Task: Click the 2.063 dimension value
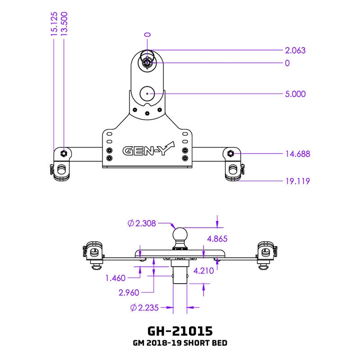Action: [295, 50]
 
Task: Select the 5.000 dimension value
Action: [295, 94]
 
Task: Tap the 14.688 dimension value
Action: [297, 154]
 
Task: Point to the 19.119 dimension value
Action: [297, 181]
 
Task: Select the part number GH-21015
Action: [180, 331]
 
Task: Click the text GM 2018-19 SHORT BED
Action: [180, 343]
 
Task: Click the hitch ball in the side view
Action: [180, 235]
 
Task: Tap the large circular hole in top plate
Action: [147, 94]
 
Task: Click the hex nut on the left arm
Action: [64, 153]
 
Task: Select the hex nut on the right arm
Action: [230, 153]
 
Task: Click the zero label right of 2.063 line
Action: [287, 63]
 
